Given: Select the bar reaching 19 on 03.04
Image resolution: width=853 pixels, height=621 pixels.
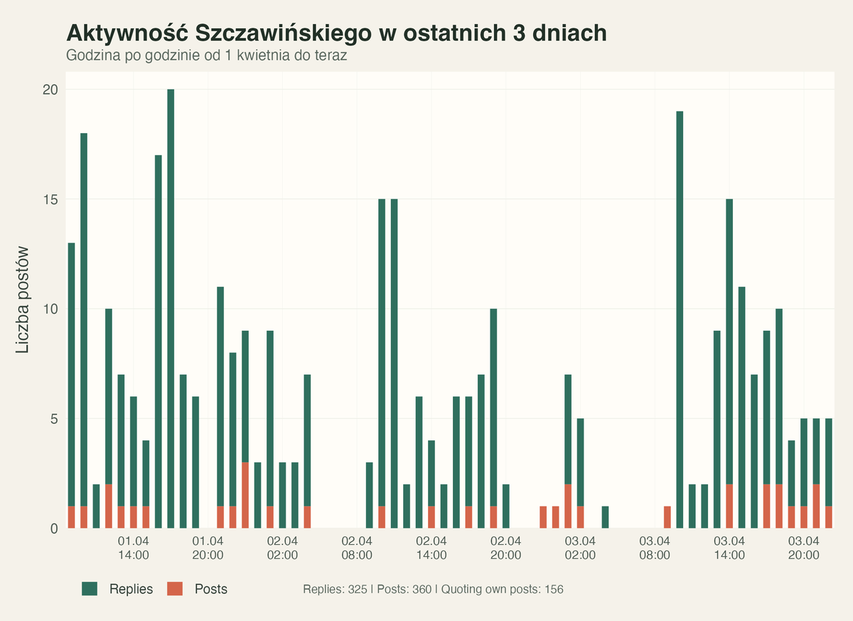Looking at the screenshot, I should coord(680,320).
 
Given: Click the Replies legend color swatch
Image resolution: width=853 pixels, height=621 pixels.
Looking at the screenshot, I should coord(90,589).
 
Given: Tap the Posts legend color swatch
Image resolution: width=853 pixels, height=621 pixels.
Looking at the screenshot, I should coord(175,589).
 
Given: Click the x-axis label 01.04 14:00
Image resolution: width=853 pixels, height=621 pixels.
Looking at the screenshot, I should coord(133,548).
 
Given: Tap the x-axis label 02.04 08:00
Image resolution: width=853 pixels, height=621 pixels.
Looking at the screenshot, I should coord(357,548).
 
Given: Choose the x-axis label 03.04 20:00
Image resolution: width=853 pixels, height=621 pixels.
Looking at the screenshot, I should coord(803,548).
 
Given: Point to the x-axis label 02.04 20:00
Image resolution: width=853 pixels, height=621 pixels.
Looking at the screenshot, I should coord(505,548).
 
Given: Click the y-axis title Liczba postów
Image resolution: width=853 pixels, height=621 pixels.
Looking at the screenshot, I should coord(23,299).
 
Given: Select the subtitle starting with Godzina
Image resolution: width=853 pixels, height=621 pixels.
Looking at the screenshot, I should coord(206,55).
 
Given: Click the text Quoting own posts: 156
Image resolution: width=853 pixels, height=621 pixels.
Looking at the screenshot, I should coord(500,590).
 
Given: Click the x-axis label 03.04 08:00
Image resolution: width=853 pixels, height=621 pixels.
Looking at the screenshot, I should coord(655,548).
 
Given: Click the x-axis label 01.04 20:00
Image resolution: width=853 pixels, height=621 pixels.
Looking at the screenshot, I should coord(208,548).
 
